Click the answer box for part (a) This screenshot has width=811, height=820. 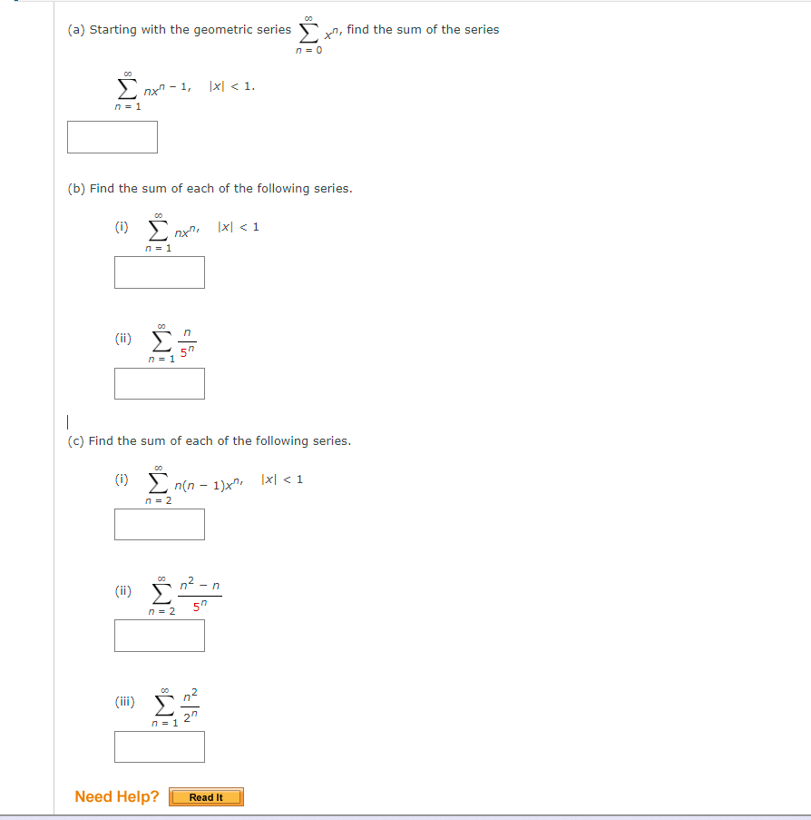coord(112,137)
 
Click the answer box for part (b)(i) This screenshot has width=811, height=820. coord(159,272)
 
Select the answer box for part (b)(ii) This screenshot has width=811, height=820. coord(159,383)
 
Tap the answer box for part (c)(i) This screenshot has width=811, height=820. coord(159,524)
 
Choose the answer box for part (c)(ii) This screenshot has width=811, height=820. coord(159,636)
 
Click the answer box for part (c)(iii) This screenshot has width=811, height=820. coord(159,746)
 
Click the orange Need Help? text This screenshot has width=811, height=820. coord(116,796)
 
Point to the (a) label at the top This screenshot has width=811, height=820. coord(76,30)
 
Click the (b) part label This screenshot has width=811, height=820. coord(76,189)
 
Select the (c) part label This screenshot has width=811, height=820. coord(76,441)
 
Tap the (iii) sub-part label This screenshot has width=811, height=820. coord(124,701)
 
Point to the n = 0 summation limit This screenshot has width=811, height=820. coord(308,49)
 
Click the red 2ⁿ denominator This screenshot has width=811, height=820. coord(189,716)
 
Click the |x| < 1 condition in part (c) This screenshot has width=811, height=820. coord(281,479)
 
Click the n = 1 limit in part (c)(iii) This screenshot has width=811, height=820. coord(164,724)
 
